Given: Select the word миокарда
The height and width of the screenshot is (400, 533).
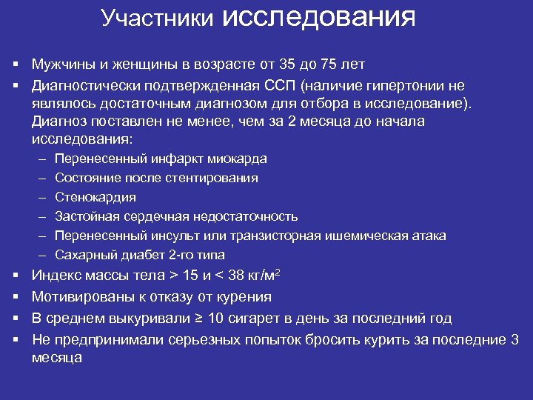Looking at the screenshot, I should click(237, 159).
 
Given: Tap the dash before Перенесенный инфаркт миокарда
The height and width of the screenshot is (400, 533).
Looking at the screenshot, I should click(38, 159).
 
